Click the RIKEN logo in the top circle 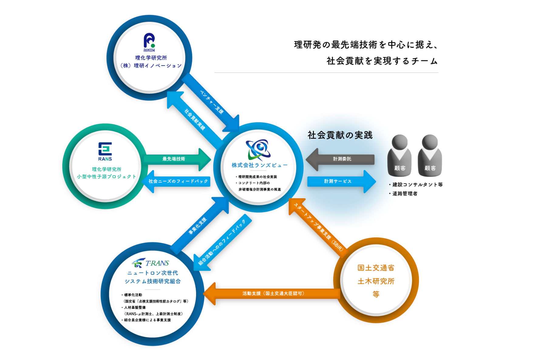tap(149, 42)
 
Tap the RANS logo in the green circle tap(105, 151)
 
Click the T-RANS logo tap(151, 263)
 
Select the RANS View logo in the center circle tap(258, 150)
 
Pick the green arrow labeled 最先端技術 tap(176, 159)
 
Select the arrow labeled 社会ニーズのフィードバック tap(177, 182)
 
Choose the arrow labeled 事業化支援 tap(199, 225)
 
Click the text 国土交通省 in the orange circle tap(376, 268)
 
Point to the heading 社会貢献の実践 tap(340, 135)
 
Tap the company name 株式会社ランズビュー tap(259, 165)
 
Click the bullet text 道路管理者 tap(405, 194)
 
